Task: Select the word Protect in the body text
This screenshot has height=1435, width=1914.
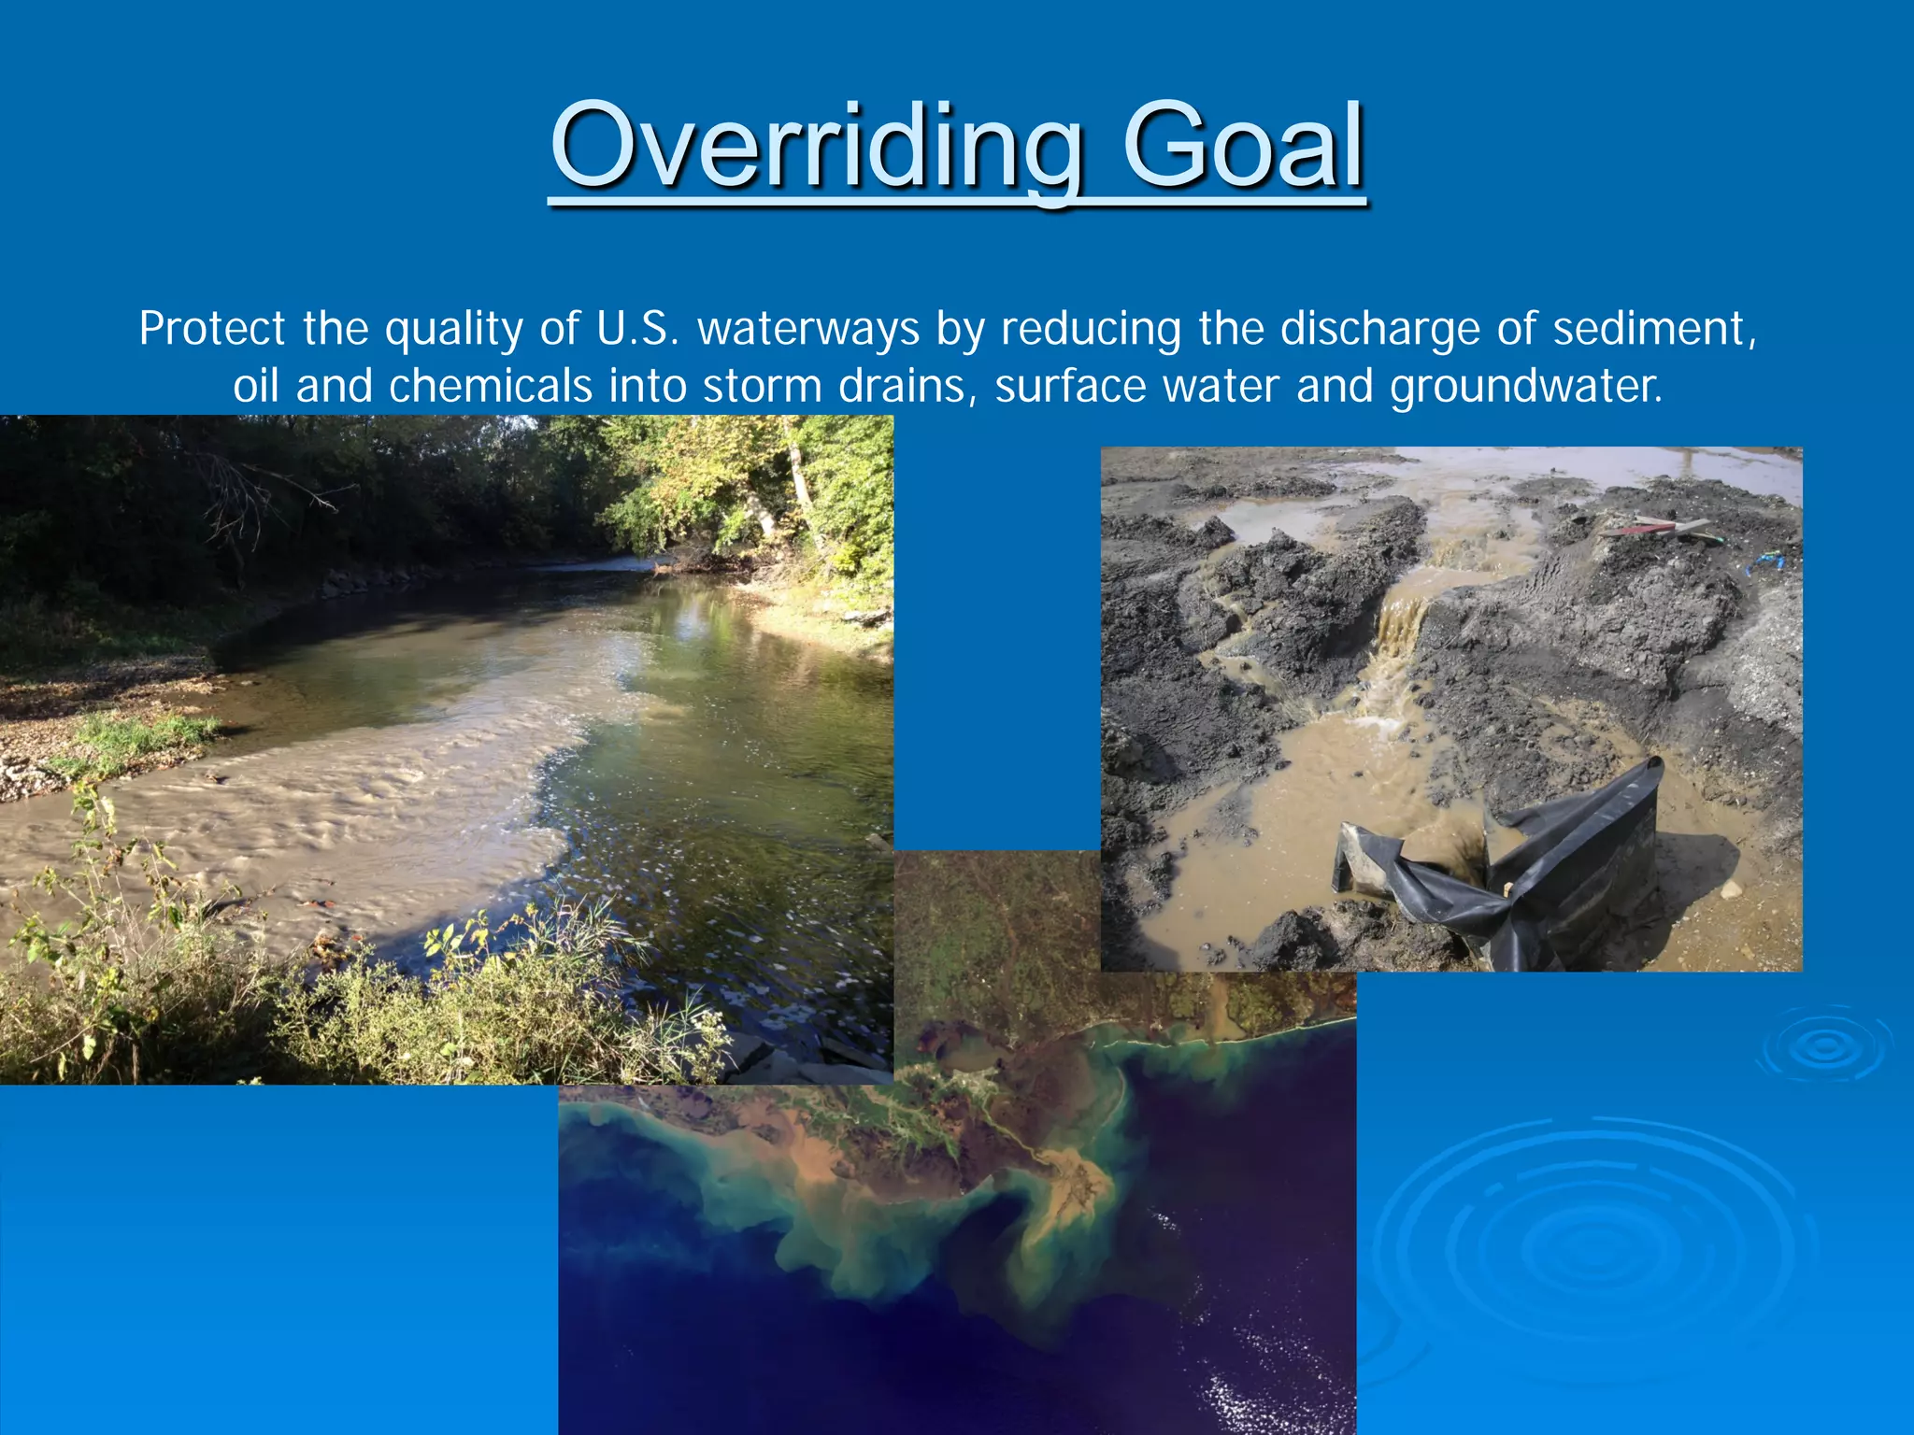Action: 212,329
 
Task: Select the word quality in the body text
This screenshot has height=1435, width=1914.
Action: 453,329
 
